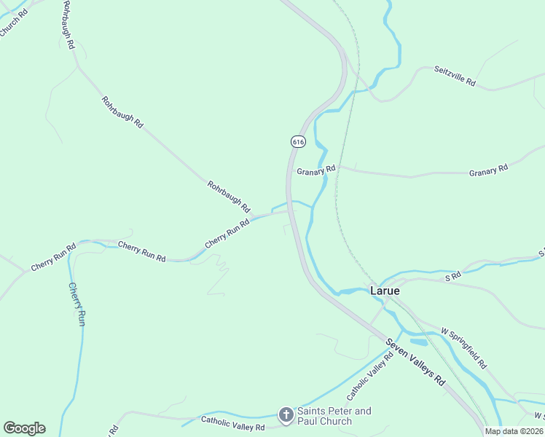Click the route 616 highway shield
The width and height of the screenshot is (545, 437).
297,141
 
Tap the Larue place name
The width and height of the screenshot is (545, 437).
385,290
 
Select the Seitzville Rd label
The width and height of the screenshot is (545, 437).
455,76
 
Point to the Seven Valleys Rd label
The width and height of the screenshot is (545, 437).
415,362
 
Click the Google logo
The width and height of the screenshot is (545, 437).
24,428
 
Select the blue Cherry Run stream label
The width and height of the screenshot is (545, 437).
77,304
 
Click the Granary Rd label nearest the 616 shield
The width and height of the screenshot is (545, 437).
316,170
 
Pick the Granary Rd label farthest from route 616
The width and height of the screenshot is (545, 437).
488,170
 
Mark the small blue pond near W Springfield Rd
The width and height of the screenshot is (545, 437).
419,342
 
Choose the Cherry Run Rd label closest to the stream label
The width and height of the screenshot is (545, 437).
52,259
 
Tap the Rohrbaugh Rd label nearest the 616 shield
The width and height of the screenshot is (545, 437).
229,196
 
